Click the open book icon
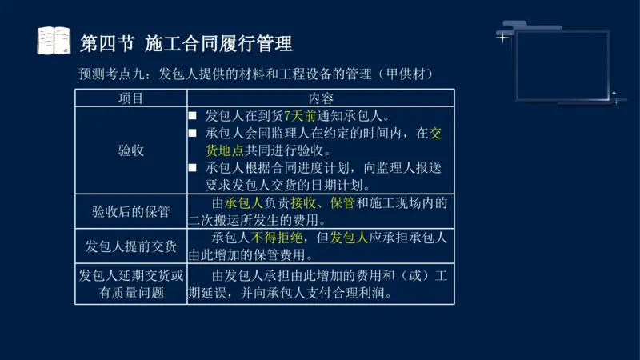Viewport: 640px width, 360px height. [54, 40]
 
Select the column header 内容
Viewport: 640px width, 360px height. [320, 98]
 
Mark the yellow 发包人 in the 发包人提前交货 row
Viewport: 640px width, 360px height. [349, 238]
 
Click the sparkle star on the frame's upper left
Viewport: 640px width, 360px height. [502, 37]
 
